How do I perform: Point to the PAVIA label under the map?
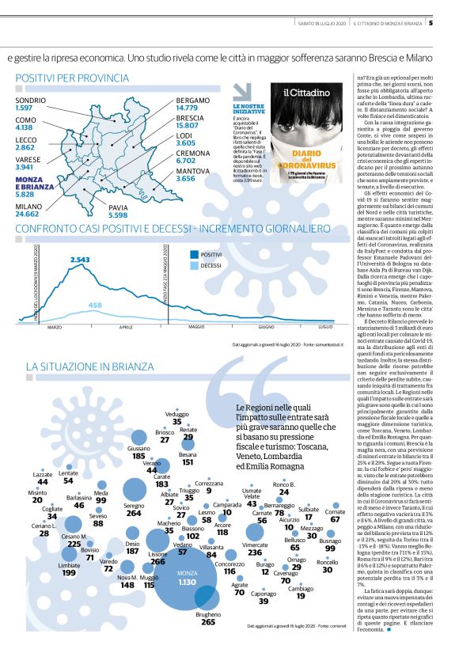pyautogui.click(x=118, y=207)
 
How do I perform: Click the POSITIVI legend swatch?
pyautogui.click(x=195, y=254)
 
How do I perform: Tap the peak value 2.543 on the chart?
pyautogui.click(x=80, y=259)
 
